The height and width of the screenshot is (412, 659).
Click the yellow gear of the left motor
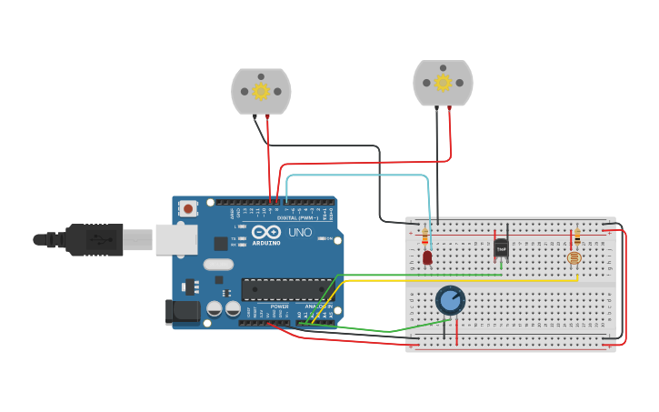click(x=261, y=90)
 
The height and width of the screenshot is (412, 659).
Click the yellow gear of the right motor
click(x=443, y=83)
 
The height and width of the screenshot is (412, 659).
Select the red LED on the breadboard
click(x=427, y=257)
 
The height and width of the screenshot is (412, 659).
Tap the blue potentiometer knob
click(x=450, y=300)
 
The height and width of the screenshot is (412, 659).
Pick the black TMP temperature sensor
click(x=501, y=246)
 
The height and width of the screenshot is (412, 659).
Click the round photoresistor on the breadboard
click(x=574, y=258)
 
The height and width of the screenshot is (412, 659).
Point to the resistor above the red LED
click(x=425, y=237)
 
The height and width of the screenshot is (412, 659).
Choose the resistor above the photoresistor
click(x=576, y=238)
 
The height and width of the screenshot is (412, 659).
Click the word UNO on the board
click(x=299, y=234)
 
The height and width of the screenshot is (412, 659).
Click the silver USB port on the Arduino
click(x=176, y=239)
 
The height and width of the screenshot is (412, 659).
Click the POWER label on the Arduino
click(x=279, y=306)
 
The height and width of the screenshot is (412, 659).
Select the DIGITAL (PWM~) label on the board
click(x=296, y=218)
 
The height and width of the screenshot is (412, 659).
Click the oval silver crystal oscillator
click(x=218, y=265)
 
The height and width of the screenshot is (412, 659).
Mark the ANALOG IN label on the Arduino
click(x=318, y=306)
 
